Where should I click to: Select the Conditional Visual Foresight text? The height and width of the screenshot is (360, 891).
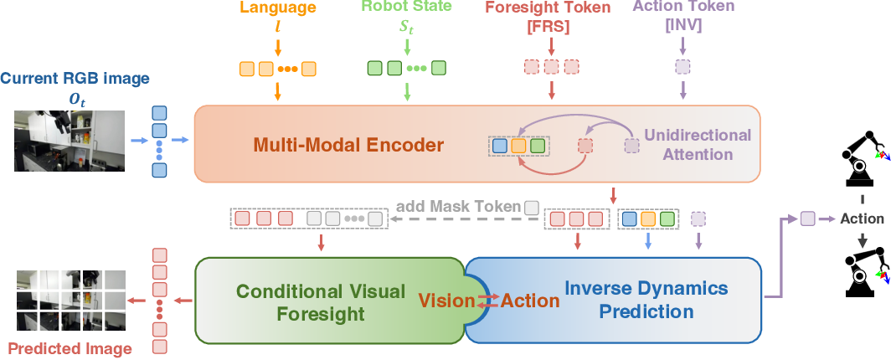321,302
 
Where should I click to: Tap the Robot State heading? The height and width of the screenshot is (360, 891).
406,8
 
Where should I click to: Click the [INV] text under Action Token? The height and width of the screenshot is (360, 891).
682,25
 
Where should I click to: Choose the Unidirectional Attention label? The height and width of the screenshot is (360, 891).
698,144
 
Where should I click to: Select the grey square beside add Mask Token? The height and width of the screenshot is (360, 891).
531,207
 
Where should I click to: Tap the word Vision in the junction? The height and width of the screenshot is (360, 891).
446,301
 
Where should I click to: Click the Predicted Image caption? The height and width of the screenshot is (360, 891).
69,348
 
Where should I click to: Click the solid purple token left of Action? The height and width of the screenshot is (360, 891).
807,219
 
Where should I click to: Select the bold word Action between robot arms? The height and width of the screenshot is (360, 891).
862,219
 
